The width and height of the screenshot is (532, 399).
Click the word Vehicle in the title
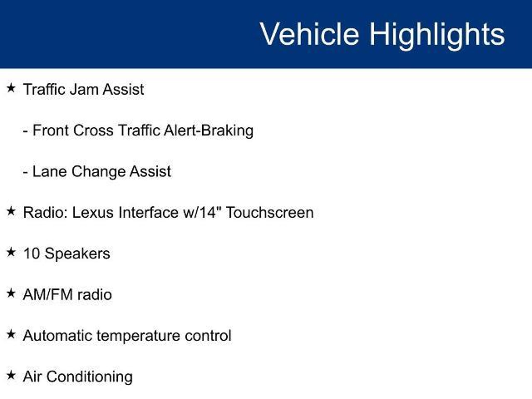pos(309,34)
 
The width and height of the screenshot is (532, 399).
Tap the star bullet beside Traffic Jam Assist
pos(11,88)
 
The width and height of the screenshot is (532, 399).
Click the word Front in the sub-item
pos(51,130)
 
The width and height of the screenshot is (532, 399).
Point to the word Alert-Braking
pos(209,131)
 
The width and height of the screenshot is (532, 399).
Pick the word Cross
pos(93,130)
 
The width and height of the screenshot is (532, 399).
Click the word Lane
pos(49,171)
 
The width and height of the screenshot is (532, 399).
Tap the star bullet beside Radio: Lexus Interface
pos(11,211)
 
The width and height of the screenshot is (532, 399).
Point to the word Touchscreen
pos(270,212)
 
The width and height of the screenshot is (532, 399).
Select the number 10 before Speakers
pos(31,254)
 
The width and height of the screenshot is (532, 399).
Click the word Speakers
pos(77,254)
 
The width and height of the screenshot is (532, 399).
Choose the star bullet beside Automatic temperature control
pos(11,334)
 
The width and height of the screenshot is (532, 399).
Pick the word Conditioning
pos(90,377)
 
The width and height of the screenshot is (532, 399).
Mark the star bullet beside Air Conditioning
pos(11,375)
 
